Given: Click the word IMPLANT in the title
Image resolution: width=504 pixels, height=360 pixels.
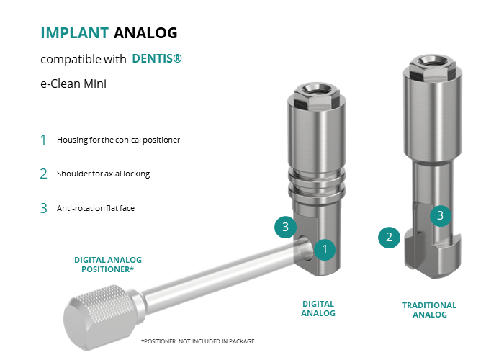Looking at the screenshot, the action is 75,33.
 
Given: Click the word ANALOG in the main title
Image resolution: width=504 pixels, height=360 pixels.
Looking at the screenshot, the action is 145,33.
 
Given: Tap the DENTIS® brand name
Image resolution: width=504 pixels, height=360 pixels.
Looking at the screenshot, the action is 157,58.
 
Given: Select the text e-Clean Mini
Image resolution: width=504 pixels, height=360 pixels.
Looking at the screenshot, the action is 73,84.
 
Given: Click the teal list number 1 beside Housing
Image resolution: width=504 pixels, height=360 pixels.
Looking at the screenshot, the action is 43,140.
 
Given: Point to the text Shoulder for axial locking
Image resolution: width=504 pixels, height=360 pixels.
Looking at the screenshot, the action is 103,174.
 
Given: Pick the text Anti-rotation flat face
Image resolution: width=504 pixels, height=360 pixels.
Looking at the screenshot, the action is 96,208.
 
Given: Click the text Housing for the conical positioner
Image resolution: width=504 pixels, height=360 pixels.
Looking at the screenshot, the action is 118,140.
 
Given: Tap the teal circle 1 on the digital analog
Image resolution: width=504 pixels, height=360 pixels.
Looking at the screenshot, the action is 325,249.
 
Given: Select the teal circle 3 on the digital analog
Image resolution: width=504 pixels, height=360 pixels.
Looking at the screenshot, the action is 285,227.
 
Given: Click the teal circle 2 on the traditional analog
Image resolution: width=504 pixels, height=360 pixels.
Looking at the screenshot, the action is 389,238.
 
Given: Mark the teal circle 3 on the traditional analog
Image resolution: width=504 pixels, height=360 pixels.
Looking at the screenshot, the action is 441,215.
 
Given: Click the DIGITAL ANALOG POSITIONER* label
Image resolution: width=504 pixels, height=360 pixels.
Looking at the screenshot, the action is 108,264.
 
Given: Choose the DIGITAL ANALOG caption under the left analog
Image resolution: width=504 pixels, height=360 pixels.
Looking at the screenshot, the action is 318,309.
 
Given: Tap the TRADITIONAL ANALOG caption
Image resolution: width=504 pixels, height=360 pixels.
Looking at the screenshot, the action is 429,310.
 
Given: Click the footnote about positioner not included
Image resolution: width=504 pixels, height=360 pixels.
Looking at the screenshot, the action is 198,341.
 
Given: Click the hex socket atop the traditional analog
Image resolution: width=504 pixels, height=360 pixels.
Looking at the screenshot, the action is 432,61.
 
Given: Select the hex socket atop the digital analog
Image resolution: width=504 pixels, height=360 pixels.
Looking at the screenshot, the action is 316,89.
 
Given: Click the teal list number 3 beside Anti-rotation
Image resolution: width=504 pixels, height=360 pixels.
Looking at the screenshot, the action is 43,208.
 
